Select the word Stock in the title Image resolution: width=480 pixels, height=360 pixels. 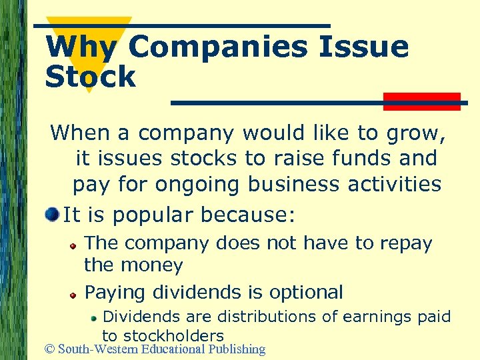(x=90, y=77)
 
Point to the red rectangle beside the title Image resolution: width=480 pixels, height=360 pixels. (x=422, y=101)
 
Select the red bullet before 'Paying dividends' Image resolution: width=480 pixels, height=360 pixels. (x=75, y=293)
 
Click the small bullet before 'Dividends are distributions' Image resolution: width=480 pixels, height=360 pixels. (x=95, y=318)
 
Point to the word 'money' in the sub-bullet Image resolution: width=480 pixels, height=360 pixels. (x=153, y=265)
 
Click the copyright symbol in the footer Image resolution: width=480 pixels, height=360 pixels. (x=50, y=349)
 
